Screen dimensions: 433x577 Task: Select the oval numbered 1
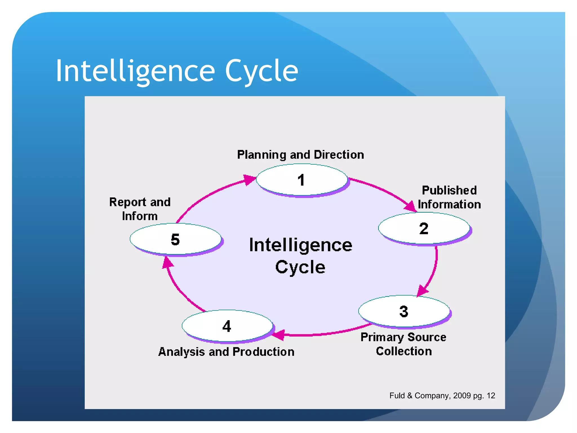301,180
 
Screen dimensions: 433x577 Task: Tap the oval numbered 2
424,228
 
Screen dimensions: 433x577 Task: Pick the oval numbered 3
404,311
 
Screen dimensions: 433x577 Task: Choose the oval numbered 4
227,326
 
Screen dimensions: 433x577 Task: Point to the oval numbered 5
175,239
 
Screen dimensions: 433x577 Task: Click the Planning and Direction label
300,155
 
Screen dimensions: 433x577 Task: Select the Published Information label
449,197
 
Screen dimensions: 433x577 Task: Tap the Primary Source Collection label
403,344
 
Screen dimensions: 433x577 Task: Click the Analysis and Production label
226,352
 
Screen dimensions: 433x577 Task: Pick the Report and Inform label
140,209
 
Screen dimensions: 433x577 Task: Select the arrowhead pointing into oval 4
279,335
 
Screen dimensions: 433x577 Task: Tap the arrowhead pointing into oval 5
168,263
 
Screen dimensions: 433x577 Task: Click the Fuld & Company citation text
442,396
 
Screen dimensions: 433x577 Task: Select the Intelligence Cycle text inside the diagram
301,255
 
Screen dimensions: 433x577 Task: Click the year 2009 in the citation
462,396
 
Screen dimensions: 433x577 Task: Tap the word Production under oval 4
263,352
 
